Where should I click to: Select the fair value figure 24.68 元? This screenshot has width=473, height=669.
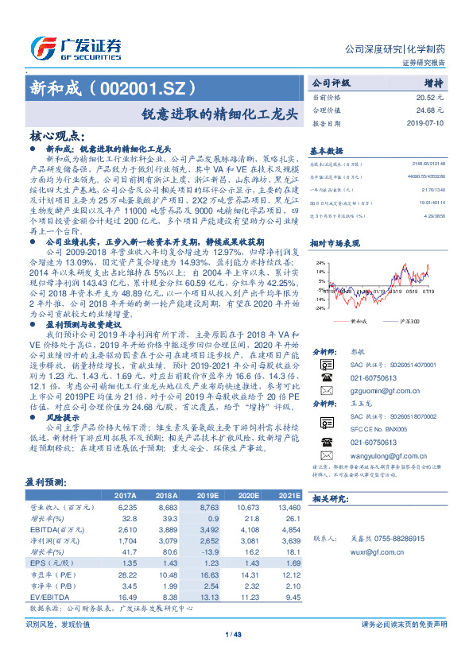[429, 110]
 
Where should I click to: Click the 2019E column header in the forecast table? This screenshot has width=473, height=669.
[230, 494]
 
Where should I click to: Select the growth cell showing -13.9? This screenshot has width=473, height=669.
[230, 551]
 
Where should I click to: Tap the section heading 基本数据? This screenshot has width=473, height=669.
[326, 150]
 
